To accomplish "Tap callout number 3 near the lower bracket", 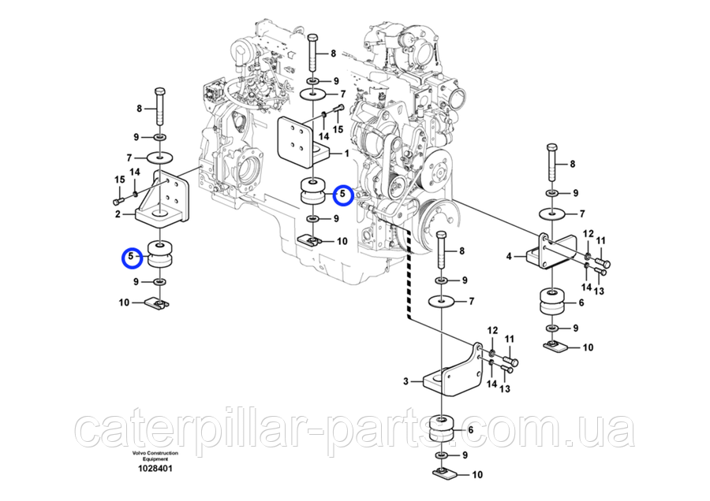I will [x=406, y=381].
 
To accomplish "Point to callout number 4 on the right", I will [x=510, y=255].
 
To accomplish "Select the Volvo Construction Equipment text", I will [x=155, y=456].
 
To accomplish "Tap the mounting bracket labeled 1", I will [x=304, y=142].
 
